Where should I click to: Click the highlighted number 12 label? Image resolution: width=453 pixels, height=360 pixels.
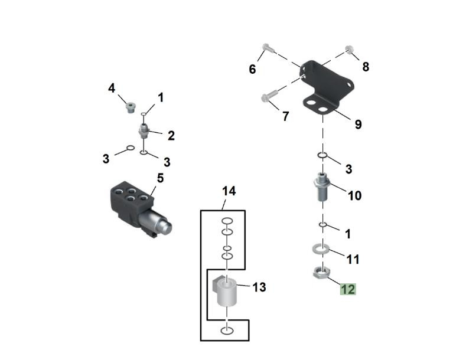[347, 289]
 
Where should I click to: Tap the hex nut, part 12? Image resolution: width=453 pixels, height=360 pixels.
[319, 273]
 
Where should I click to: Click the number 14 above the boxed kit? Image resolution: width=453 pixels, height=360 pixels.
[229, 191]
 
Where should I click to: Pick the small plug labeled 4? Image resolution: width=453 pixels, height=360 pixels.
[130, 108]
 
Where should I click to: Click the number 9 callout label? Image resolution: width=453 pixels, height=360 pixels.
[359, 125]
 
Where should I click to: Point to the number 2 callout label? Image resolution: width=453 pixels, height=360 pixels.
[171, 136]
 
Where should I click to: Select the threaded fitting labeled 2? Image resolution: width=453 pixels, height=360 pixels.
[144, 130]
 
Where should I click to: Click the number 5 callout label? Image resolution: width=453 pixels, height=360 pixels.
[160, 177]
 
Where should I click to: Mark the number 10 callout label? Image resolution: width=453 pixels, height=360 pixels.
[354, 195]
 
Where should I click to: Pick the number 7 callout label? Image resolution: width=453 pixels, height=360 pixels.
[285, 117]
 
